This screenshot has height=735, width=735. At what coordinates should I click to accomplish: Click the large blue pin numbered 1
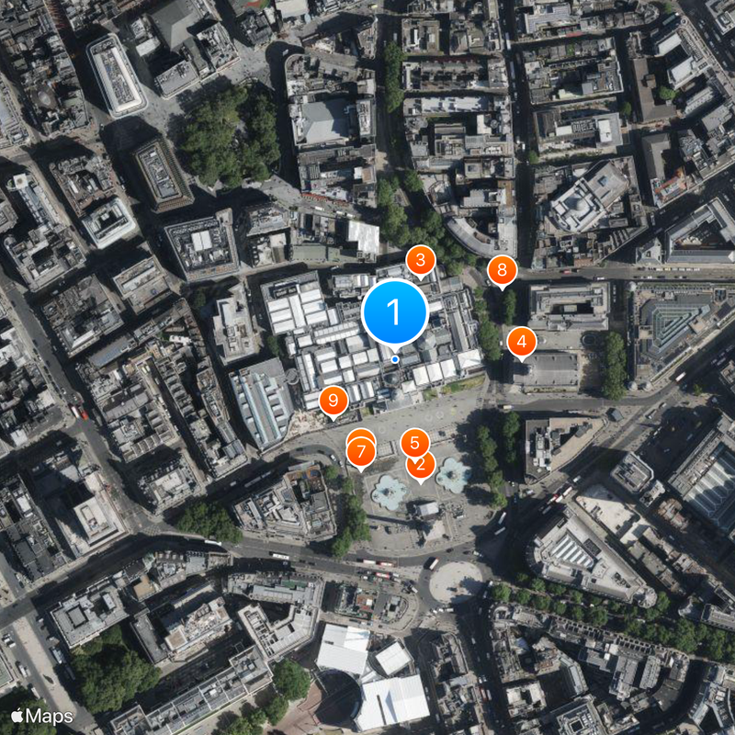394,313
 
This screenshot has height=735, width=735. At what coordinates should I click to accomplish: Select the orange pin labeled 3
421,261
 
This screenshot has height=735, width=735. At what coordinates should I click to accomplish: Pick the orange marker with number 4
522,343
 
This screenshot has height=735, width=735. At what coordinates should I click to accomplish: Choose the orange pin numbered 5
414,443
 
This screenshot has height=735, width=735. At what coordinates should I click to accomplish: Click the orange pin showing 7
361,452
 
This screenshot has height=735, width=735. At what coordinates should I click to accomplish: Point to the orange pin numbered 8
502,271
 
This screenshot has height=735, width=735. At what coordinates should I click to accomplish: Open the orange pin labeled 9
333,400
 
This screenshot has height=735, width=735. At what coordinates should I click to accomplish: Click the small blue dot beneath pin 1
395,359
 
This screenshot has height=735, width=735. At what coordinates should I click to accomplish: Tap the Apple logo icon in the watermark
17,715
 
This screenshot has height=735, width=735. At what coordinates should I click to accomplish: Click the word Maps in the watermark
53,715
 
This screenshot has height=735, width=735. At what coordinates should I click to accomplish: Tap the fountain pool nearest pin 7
389,493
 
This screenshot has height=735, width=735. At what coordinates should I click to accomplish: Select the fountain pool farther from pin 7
453,474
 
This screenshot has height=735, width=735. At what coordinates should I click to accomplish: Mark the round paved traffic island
457,581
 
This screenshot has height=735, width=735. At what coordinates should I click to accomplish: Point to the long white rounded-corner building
116,74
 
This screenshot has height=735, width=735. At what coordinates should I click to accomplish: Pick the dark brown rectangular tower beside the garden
163,174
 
